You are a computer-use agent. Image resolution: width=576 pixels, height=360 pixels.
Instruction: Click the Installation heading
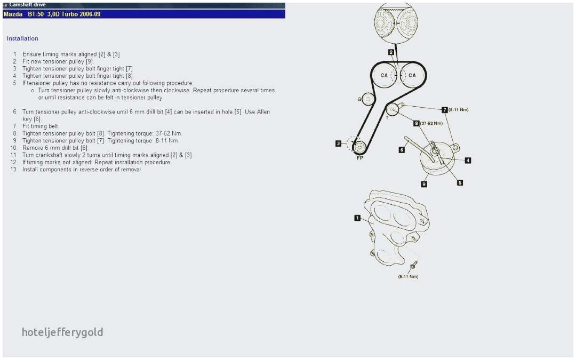point(22,38)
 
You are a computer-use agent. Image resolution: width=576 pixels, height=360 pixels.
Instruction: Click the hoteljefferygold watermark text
point(62,332)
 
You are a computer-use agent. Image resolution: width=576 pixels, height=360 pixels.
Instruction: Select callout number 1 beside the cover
point(357,218)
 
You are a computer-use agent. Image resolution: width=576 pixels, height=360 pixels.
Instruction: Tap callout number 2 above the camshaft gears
point(391,52)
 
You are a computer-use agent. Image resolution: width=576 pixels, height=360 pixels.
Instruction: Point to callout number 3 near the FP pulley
point(338,143)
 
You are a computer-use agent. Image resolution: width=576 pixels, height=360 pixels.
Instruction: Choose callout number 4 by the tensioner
point(468,161)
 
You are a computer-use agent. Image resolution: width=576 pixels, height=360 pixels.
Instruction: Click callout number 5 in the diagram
point(460,182)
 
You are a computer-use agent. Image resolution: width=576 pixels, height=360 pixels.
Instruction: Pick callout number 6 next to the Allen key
point(402,150)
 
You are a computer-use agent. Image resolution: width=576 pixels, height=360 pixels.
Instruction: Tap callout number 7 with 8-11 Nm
point(444,110)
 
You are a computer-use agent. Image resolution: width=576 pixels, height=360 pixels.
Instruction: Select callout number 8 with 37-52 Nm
point(416,123)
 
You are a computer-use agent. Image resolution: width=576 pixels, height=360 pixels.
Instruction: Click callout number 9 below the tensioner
point(424,184)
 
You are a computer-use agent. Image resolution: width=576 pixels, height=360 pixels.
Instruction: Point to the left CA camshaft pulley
point(384,75)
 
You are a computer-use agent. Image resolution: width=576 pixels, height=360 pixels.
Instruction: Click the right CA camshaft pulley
point(412,75)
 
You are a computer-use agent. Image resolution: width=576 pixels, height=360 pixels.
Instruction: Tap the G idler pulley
point(367,99)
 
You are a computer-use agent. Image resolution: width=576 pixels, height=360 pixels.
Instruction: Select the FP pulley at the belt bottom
point(359,147)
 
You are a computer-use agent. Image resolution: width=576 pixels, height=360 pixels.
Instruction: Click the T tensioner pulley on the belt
point(393,109)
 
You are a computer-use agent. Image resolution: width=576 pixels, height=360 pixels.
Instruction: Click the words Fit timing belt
point(40,126)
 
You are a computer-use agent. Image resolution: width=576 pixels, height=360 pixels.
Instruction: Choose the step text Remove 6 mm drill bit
point(55,148)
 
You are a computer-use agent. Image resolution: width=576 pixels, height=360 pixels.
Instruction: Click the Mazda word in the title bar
point(13,14)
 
